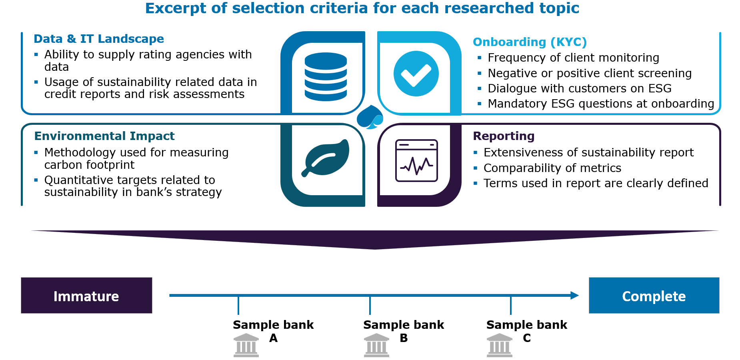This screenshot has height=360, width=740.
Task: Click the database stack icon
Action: (326, 77)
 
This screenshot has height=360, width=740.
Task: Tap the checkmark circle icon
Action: (416, 74)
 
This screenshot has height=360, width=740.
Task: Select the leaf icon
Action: (326, 158)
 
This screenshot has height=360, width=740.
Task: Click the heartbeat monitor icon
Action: (416, 160)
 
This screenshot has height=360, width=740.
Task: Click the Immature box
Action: (86, 296)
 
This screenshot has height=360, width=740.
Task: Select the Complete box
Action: (654, 296)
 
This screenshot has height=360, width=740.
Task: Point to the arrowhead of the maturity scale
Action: (575, 296)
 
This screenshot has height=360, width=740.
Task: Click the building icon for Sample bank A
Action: (246, 345)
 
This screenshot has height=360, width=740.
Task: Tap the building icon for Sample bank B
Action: (376, 345)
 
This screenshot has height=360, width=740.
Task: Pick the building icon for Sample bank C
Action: (500, 345)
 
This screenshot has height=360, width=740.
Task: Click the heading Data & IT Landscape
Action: (99, 39)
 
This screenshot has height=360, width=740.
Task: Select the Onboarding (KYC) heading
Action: (530, 42)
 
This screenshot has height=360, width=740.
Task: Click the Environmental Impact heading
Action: (104, 136)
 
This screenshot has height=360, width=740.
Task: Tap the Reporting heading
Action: (503, 136)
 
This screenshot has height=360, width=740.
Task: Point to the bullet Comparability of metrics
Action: (552, 168)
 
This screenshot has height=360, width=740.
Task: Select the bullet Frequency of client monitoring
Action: (574, 58)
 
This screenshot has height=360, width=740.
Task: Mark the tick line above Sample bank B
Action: (370, 306)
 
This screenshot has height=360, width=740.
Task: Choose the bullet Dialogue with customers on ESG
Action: (580, 88)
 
